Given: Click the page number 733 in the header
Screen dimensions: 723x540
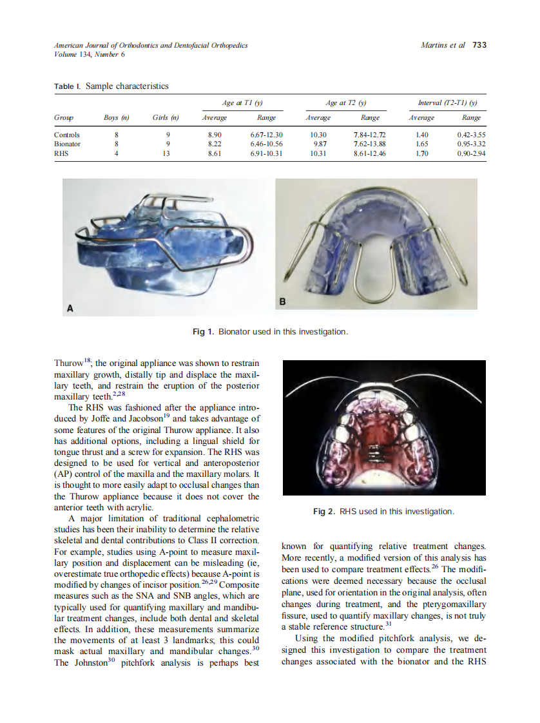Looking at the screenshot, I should point(479,45).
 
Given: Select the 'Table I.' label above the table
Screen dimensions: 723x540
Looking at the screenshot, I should point(68,86).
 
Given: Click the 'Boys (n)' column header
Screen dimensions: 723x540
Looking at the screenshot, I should point(117,118).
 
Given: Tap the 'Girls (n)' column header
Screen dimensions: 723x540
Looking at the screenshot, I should point(166,118).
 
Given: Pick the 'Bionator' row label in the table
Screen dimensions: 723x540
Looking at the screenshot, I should point(68,144).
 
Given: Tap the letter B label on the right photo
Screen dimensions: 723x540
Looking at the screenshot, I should point(282,302).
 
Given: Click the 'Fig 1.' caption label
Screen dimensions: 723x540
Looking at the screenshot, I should point(204,332).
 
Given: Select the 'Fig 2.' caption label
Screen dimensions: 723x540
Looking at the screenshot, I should point(324,511).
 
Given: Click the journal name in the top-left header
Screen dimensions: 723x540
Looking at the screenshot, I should point(151,46).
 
